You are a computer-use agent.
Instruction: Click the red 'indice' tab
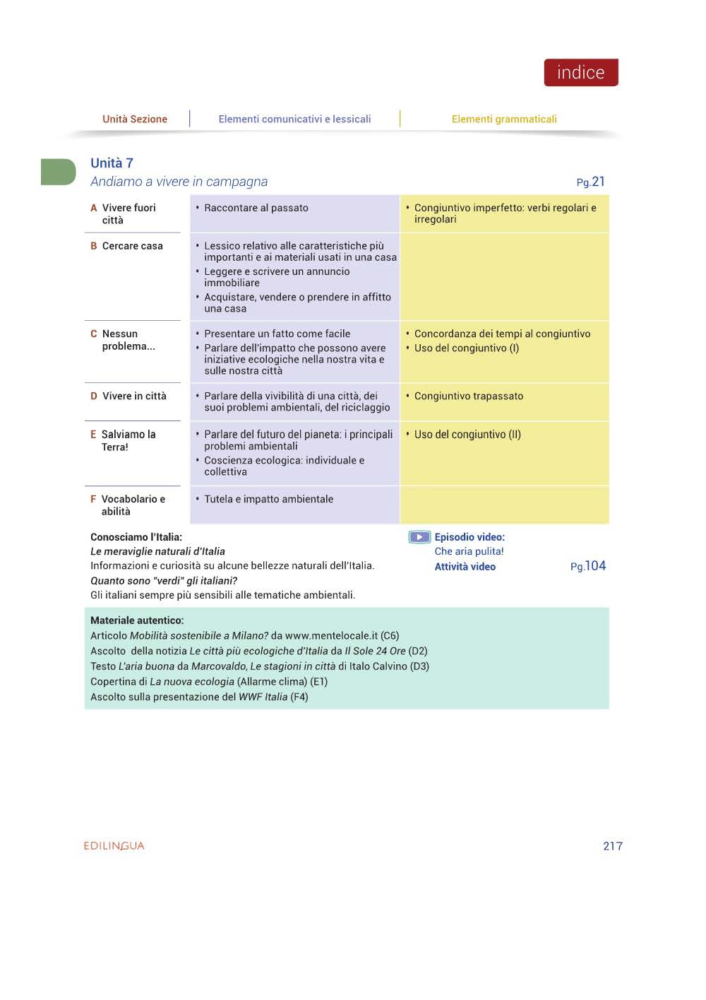tap(580, 73)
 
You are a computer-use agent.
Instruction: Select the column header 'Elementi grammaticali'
tap(504, 119)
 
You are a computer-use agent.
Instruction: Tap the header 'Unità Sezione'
tap(135, 119)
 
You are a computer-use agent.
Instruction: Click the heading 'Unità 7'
tap(112, 163)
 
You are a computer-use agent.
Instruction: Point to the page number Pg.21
tap(590, 182)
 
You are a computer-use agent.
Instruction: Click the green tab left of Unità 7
tap(58, 172)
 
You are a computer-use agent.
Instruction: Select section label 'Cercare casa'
tap(133, 246)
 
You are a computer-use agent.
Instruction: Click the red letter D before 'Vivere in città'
tap(94, 396)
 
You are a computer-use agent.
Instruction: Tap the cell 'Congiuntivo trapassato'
tap(469, 396)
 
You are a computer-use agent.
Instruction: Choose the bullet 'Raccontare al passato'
tap(256, 208)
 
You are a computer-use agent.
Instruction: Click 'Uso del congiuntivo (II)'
tap(467, 435)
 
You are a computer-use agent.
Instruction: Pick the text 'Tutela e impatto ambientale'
tap(268, 499)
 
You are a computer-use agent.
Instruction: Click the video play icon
tap(419, 537)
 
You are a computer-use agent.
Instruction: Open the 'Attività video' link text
tap(465, 567)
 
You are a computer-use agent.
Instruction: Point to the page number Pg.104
tap(588, 566)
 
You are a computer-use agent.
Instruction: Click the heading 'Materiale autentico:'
tap(137, 620)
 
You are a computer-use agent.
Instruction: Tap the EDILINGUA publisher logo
tap(114, 846)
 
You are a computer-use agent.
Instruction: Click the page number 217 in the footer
tap(613, 847)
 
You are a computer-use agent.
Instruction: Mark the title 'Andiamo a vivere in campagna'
tap(179, 182)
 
